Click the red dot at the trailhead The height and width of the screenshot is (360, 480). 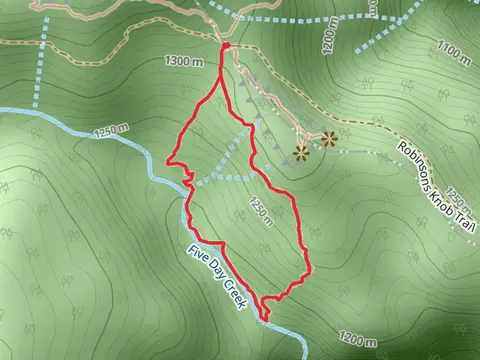tap(226, 46)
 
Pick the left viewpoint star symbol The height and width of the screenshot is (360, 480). tap(299, 152)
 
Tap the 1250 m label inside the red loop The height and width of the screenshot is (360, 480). tap(259, 212)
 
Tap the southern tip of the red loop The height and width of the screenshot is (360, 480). tap(266, 320)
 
